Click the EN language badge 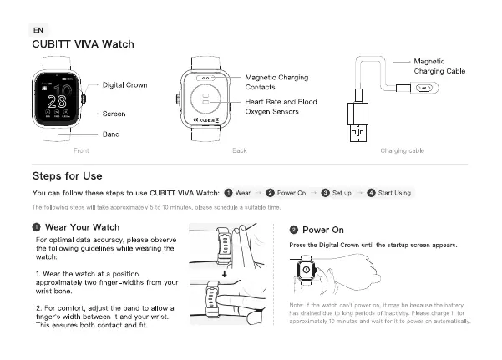[x=38, y=29]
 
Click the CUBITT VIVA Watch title [x=83, y=44]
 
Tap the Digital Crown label [x=125, y=85]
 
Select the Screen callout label [x=114, y=114]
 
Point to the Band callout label [x=110, y=134]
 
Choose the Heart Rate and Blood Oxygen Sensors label [x=280, y=106]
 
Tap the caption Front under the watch [x=81, y=150]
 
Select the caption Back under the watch [x=239, y=150]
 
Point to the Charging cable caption [x=402, y=150]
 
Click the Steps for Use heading [x=67, y=176]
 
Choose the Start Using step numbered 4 [x=389, y=193]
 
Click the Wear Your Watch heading [x=81, y=226]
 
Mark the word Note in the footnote [x=296, y=306]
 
